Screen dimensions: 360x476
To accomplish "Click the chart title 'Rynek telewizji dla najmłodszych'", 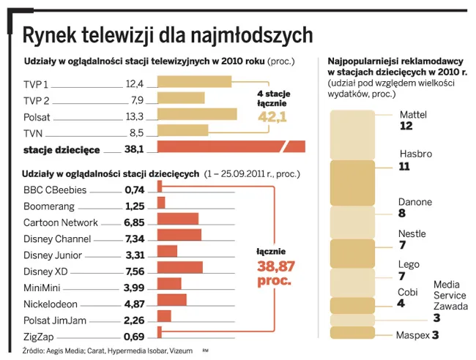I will (168, 34).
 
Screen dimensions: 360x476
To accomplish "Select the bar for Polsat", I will (196, 115).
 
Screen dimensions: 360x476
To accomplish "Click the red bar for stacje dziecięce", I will (231, 147).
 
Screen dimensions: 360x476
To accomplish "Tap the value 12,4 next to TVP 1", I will (135, 83).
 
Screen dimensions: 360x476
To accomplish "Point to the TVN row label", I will (34, 132).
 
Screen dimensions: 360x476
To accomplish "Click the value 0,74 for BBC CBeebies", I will (135, 190).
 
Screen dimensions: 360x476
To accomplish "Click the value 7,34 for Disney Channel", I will (135, 239).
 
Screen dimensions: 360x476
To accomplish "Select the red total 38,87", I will (275, 266).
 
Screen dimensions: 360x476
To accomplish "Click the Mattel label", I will (413, 115).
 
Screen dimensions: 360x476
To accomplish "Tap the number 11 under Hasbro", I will (404, 166).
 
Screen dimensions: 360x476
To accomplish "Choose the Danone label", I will (414, 202).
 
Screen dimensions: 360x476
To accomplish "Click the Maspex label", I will (412, 336).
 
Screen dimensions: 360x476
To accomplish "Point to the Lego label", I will (409, 265).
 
